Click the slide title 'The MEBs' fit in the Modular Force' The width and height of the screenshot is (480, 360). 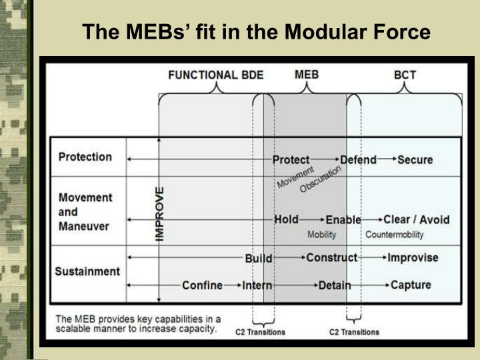point(257,31)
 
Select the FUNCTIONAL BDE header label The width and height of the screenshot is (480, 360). point(216,75)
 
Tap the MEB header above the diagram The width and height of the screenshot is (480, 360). point(306,74)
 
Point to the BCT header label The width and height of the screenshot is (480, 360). point(405,75)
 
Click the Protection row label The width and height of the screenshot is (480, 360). point(85,157)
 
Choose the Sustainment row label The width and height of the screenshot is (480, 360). point(88,271)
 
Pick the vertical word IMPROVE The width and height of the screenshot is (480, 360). point(161,213)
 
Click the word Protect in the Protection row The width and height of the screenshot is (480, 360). point(291,160)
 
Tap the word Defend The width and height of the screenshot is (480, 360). point(358,160)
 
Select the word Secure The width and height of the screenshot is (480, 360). point(415,160)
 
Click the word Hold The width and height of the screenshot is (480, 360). point(286,219)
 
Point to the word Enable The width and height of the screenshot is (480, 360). point(343,219)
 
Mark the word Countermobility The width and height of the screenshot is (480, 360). point(394,235)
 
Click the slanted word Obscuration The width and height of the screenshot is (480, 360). point(320,179)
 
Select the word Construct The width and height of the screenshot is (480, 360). point(331,257)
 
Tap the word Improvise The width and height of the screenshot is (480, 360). point(413,257)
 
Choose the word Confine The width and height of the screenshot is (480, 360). point(202,285)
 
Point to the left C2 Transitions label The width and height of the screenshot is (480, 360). point(261,332)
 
